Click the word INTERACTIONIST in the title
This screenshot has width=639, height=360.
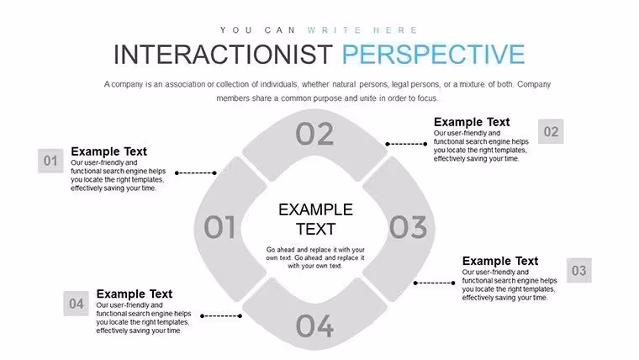click(x=223, y=54)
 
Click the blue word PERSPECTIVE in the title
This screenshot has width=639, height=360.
click(x=433, y=54)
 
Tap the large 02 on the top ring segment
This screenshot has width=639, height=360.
click(x=314, y=134)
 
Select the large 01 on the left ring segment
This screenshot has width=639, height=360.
click(x=219, y=226)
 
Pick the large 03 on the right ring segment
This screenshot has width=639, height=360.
click(x=408, y=226)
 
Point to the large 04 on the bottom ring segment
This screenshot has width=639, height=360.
click(x=314, y=326)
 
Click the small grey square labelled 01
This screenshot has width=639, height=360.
click(x=50, y=161)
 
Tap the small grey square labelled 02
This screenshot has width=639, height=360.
click(x=551, y=131)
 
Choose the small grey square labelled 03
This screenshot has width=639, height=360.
click(x=578, y=270)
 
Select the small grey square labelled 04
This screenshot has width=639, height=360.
click(x=76, y=304)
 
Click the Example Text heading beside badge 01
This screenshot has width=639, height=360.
click(x=108, y=151)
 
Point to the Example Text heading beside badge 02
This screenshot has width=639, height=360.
click(x=472, y=122)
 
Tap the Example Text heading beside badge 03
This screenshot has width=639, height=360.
click(x=500, y=261)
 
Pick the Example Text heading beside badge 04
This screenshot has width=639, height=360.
click(x=135, y=294)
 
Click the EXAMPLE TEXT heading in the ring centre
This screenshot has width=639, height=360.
click(x=315, y=220)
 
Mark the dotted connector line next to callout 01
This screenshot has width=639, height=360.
click(x=196, y=173)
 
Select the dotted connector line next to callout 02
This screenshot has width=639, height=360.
click(x=406, y=144)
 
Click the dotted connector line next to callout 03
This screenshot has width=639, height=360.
click(x=435, y=283)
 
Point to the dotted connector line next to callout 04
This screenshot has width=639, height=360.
click(x=221, y=316)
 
